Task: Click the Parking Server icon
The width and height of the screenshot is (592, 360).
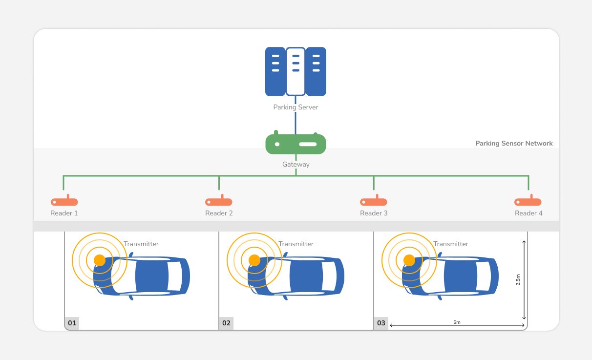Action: click(296, 71)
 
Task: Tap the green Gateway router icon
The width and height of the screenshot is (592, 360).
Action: click(296, 144)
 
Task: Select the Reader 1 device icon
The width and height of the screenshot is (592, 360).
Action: click(64, 201)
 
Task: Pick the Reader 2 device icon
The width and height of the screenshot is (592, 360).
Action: click(219, 201)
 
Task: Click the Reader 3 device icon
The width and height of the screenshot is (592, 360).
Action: click(374, 201)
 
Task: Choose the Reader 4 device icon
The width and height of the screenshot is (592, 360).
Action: click(528, 201)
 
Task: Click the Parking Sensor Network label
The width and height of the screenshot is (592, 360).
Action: click(514, 144)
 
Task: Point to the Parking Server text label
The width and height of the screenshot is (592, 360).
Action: click(296, 107)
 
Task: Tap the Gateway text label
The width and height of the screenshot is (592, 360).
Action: click(296, 165)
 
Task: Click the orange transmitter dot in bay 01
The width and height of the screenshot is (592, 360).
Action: click(100, 260)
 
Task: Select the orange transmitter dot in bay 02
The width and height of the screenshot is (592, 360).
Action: click(254, 260)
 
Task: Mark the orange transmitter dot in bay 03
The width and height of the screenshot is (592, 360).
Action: click(409, 260)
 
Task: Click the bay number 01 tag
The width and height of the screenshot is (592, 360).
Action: click(72, 323)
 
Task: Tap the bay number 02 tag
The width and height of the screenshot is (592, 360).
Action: click(226, 323)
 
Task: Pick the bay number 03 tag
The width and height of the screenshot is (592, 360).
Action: click(381, 323)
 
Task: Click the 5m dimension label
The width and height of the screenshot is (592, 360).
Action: click(457, 322)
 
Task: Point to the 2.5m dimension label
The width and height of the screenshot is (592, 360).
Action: click(518, 279)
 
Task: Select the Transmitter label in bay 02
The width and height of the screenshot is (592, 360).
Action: click(296, 244)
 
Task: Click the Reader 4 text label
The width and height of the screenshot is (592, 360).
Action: click(529, 213)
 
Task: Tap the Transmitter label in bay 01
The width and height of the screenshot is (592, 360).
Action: click(141, 244)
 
